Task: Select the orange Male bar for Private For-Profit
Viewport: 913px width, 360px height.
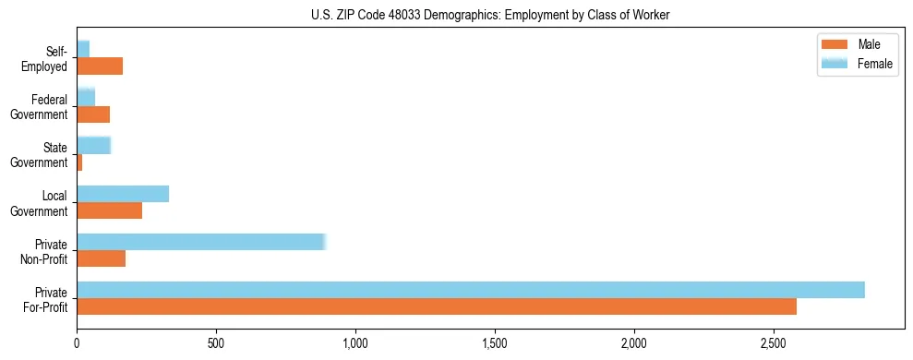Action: click(436, 306)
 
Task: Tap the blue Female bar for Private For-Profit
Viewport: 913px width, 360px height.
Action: click(470, 290)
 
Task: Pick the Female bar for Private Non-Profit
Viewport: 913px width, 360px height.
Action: click(201, 242)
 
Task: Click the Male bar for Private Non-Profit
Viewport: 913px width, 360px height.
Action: click(101, 258)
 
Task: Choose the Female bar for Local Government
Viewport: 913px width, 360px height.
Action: click(123, 194)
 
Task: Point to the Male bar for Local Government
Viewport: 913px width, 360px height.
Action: click(109, 210)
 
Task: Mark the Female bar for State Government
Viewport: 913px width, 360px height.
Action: click(93, 145)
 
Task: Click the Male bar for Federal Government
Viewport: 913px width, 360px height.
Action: click(93, 114)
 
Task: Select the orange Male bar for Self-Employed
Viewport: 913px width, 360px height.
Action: click(100, 66)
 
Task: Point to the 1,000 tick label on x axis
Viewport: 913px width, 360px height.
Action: click(355, 342)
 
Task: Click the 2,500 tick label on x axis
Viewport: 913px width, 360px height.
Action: click(774, 342)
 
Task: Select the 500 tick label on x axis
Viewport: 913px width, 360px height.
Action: click(216, 342)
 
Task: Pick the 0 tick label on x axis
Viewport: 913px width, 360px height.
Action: click(77, 342)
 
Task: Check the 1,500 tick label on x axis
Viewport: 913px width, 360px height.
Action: click(495, 342)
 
